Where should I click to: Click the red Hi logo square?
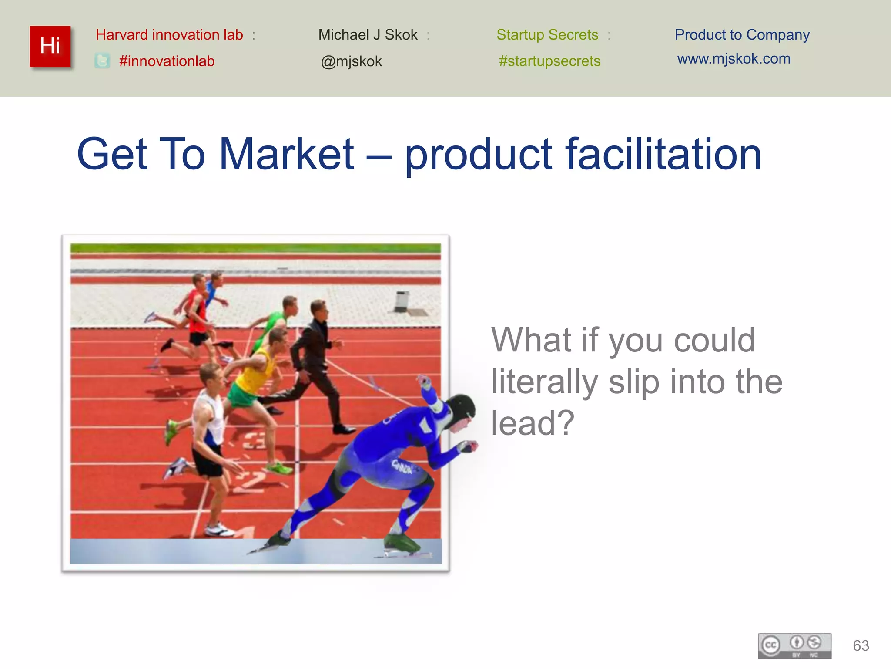[50, 46]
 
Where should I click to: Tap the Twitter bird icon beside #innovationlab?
[102, 61]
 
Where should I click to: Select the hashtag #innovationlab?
[167, 61]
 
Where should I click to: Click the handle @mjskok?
[351, 61]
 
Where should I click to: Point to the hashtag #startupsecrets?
[549, 61]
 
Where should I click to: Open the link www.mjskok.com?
[734, 59]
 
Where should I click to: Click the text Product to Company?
[742, 35]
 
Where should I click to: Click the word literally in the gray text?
[544, 382]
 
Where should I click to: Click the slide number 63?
[861, 645]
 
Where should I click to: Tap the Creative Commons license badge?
[794, 645]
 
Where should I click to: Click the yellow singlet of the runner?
[257, 372]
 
